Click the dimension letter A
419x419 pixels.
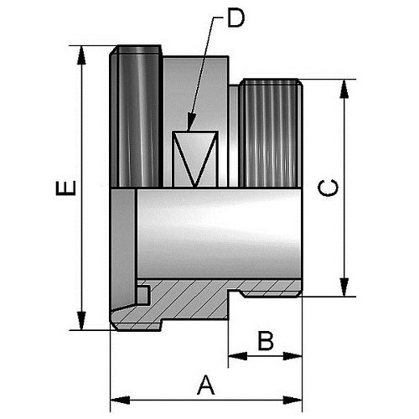pos(206,385)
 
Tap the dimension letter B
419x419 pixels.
pos(266,340)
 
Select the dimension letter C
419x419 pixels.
pos(328,188)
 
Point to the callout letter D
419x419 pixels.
pos(236,18)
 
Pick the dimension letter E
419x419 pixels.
pos(66,188)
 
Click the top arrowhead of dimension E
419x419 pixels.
pos(81,55)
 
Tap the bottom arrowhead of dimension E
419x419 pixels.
pos(81,321)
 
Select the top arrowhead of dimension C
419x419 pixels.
pos(344,89)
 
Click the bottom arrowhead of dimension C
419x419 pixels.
pos(344,287)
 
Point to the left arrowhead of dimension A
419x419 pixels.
pos(121,400)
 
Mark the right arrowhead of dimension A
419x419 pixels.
pos(292,400)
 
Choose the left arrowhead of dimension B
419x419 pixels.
pos(238,356)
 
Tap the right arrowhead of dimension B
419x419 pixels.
pos(292,356)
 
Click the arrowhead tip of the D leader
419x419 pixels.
pos(189,131)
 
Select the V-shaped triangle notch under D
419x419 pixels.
pos(195,158)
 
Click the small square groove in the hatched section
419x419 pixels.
pos(143,295)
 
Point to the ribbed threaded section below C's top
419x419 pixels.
pos(271,133)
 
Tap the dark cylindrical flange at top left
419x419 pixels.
pos(136,116)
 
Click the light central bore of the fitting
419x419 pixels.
pos(219,234)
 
